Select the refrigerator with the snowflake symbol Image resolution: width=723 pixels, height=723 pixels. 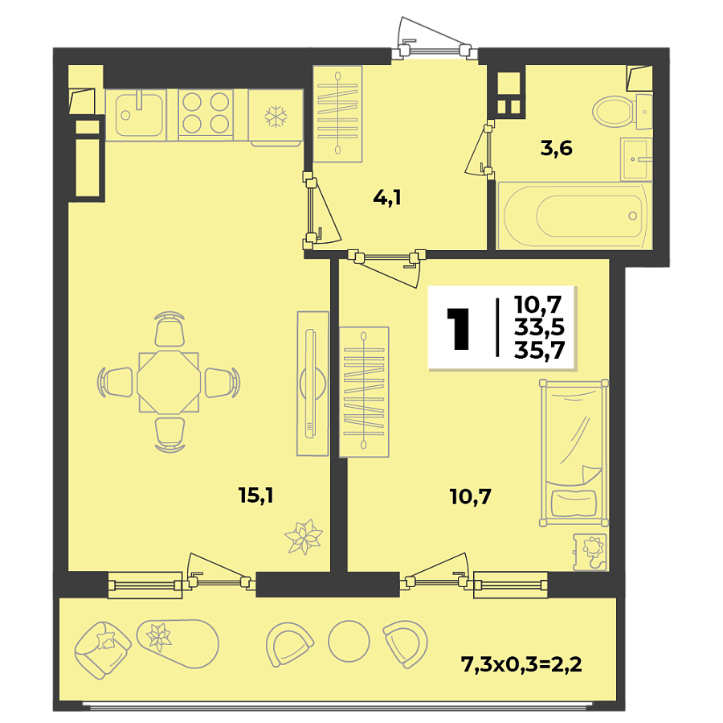[x=276, y=117]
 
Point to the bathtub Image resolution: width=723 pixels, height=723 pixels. [x=574, y=215]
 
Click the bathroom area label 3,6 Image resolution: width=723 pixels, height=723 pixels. [x=556, y=149]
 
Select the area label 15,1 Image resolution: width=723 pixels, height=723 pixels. [x=256, y=495]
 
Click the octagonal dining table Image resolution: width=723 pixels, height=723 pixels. [x=168, y=382]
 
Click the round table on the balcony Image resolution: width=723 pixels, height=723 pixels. [x=348, y=641]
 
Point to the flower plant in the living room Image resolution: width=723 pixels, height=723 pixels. [x=303, y=537]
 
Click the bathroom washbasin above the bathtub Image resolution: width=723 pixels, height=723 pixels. [x=635, y=159]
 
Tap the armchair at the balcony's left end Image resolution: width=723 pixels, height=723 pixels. [x=103, y=647]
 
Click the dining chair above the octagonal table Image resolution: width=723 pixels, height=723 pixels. [x=169, y=330]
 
